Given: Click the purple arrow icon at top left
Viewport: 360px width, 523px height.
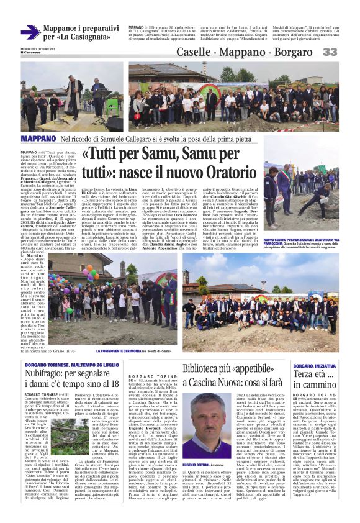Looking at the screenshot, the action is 30,32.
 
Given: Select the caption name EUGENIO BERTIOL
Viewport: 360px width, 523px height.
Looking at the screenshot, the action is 196,448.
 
